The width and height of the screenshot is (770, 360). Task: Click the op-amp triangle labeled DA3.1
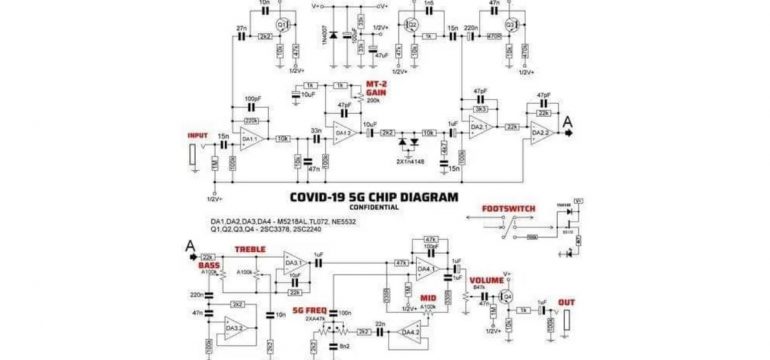click(293, 265)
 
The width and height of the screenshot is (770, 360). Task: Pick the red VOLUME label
click(487, 279)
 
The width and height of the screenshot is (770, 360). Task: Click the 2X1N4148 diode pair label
click(410, 160)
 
